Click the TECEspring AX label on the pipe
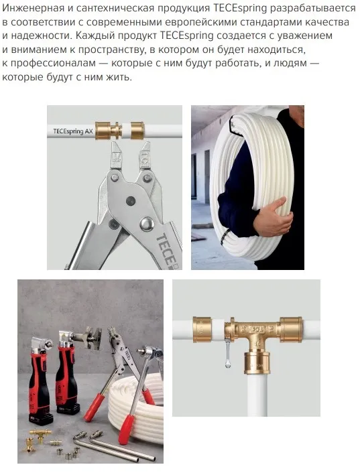[x=72, y=131]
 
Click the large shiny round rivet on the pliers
[x=147, y=224]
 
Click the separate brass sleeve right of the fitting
[x=137, y=131]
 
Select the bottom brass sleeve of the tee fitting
[x=257, y=362]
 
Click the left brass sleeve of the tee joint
[x=202, y=330]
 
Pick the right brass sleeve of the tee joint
[x=291, y=329]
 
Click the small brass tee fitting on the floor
[x=40, y=435]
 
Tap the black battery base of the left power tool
[x=41, y=419]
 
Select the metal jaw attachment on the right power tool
[x=88, y=337]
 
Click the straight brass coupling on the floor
[x=55, y=443]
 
